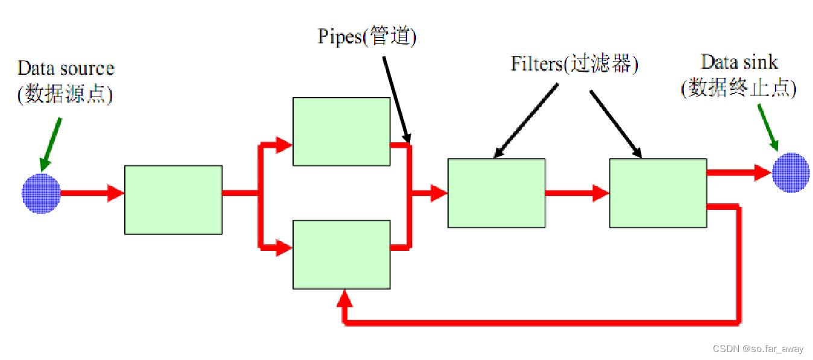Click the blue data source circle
(x=41, y=193)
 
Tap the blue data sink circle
(x=791, y=172)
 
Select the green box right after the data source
(x=174, y=199)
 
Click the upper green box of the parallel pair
(x=341, y=131)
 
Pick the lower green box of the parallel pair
(x=341, y=254)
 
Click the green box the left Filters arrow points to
(x=496, y=193)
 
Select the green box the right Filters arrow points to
(x=658, y=193)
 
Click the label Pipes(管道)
(x=367, y=37)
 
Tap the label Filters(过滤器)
(x=574, y=64)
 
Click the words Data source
(x=66, y=68)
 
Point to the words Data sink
(x=739, y=62)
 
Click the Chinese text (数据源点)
(x=65, y=95)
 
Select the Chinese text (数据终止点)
(x=739, y=89)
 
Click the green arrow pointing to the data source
(x=51, y=144)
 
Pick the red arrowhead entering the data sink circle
(x=763, y=172)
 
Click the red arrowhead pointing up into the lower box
(x=345, y=298)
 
